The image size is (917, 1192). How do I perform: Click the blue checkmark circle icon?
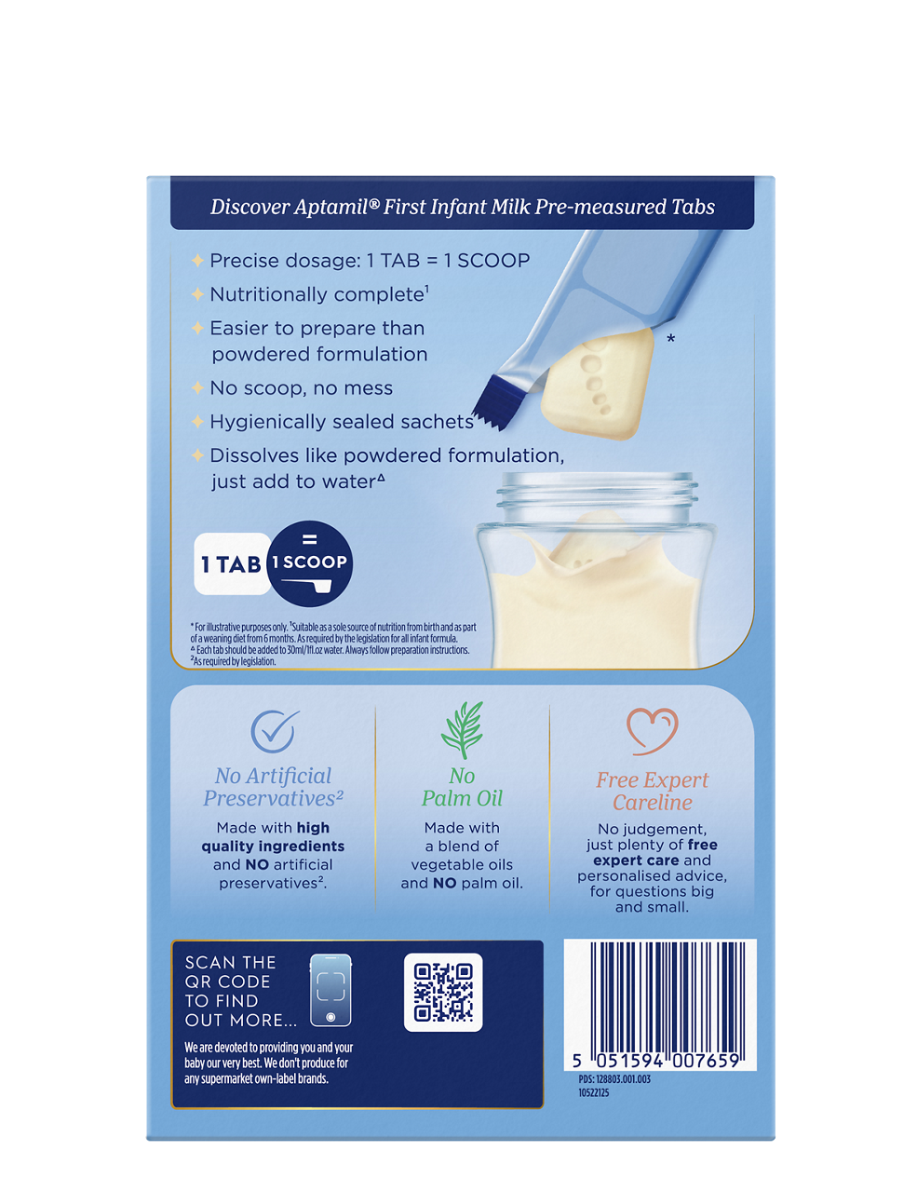274,731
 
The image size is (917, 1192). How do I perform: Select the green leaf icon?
462,729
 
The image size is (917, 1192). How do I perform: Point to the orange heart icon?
653,731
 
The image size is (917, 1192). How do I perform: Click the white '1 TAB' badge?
232,564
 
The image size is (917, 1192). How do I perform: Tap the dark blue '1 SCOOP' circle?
310,563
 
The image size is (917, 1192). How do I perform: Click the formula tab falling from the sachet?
598,384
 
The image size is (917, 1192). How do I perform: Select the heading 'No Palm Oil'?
462,787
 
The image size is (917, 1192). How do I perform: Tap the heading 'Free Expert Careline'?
652,791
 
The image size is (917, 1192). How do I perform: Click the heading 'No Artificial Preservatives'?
273,787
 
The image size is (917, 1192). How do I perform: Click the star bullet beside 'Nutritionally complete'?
197,294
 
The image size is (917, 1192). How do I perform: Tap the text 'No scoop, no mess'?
301,387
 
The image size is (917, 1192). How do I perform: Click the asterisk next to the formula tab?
670,338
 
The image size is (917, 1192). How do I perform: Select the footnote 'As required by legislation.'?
233,661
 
